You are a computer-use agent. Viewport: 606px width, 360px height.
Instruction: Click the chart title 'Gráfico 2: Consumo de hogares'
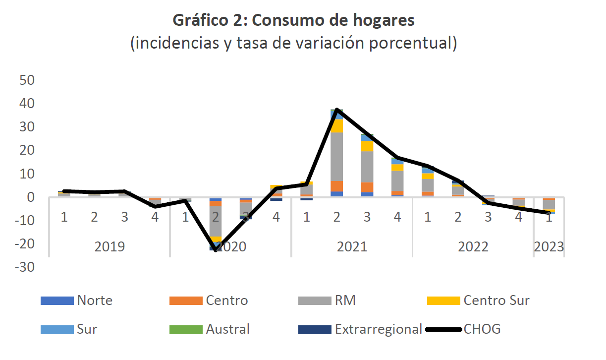click(x=293, y=20)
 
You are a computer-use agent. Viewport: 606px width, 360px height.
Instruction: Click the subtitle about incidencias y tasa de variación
click(x=293, y=43)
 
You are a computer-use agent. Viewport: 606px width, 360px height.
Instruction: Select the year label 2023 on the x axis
click(x=548, y=246)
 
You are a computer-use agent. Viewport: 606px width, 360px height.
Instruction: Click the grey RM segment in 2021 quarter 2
click(x=337, y=157)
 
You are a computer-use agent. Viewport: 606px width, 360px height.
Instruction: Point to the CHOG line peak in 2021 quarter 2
click(x=337, y=110)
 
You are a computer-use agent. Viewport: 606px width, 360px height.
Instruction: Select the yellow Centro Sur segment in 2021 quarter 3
click(x=367, y=146)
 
